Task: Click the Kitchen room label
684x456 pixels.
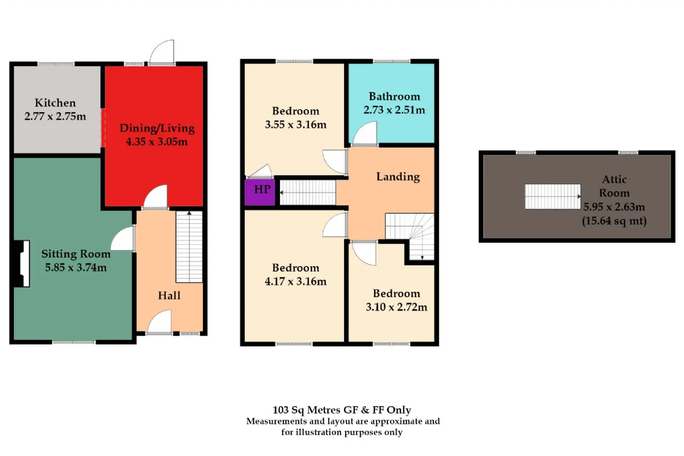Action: pos(55,103)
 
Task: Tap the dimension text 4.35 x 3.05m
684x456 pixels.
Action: pos(157,142)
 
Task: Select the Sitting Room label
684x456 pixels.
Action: pos(76,254)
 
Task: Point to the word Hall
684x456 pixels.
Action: pos(169,295)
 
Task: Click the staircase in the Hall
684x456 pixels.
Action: pos(189,247)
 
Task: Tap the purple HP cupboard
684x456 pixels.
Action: pos(260,192)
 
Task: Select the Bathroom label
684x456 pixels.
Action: pos(394,97)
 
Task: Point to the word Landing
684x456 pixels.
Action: pos(398,176)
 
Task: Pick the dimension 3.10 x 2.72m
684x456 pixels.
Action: pos(397,307)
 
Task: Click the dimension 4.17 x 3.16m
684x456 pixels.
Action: pos(296,281)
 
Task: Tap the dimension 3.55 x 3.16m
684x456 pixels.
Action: pos(296,125)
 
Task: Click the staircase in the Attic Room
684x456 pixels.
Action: pos(553,196)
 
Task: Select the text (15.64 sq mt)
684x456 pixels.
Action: pos(614,221)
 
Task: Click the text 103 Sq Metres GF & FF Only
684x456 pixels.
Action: pos(341,409)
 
